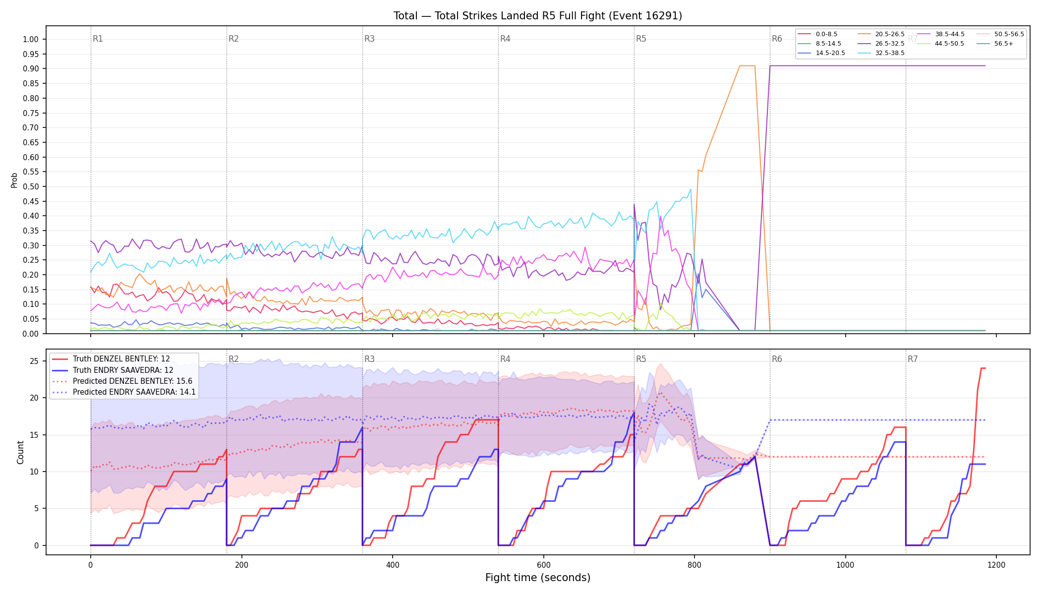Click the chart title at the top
point(538,16)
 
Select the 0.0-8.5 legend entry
point(817,34)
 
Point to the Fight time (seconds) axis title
point(538,578)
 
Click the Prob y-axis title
point(14,180)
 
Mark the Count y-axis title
point(20,452)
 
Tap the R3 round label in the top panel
point(369,39)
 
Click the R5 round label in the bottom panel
point(641,359)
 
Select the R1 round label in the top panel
point(98,39)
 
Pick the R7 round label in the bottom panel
point(913,359)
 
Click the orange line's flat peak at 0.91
point(748,65)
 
